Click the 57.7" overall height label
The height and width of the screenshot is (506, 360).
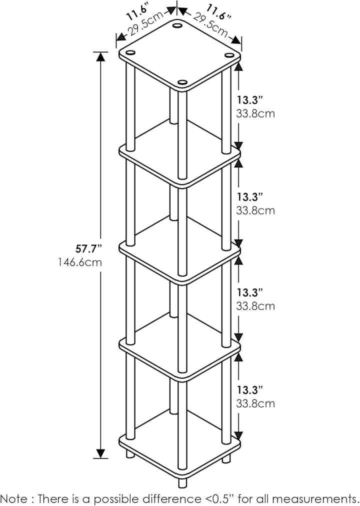88,249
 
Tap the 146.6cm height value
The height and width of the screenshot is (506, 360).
80,262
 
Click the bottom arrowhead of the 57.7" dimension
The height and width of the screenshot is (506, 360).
100,453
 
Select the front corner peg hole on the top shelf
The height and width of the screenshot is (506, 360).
182,83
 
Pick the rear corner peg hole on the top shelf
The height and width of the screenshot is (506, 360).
177,25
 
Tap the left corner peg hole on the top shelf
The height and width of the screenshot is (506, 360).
130,52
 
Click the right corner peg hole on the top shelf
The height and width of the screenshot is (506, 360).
229,55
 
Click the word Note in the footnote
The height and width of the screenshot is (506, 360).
14,498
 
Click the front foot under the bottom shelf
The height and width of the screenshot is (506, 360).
182,483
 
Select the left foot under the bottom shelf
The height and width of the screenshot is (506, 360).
130,454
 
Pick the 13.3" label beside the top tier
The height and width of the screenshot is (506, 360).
250,100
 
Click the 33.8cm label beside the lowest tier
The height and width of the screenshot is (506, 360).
255,403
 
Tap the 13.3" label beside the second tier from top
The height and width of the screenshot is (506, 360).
250,196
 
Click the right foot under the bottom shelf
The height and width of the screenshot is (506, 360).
226,458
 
